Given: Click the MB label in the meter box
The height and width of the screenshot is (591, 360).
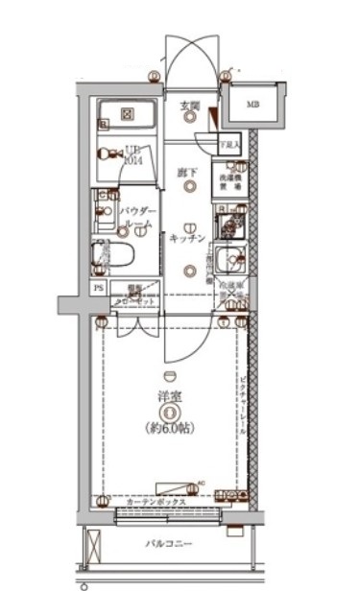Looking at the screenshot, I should coord(252,105).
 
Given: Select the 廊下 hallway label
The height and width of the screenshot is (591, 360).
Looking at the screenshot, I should coord(187,173).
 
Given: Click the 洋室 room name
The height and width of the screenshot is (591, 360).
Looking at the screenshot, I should coord(169,395).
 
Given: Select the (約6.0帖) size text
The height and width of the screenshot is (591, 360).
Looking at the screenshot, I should coord(169,427).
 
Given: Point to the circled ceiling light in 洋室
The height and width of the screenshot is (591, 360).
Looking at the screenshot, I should coord(169,413).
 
